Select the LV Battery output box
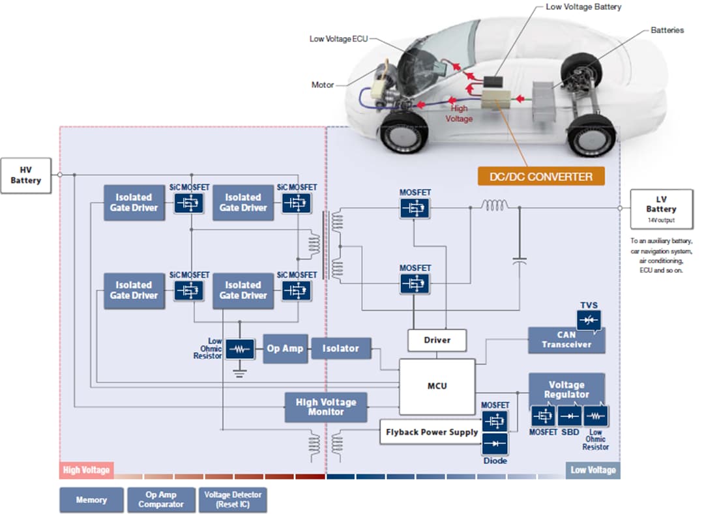661,208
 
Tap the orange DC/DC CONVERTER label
541,177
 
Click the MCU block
437,386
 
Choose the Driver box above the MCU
437,340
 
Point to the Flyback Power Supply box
432,432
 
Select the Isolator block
340,349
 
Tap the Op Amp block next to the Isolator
285,349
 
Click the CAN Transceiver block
566,340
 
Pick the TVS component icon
589,319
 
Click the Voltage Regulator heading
566,389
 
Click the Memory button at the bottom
91,500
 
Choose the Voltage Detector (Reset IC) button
233,500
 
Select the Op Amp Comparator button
161,500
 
